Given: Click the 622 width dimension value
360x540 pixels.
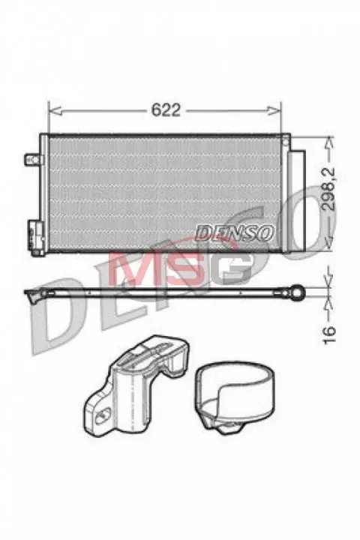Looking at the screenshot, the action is pyautogui.click(x=166, y=109).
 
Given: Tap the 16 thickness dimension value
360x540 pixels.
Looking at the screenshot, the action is pyautogui.click(x=329, y=334).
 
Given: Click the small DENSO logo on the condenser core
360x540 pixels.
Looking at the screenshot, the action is pyautogui.click(x=235, y=232).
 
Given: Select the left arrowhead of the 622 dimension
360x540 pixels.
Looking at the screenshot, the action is pyautogui.click(x=55, y=110).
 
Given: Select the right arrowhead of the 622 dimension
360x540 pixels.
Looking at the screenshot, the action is pyautogui.click(x=275, y=110).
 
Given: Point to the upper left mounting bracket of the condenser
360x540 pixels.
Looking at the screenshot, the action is pyautogui.click(x=34, y=159).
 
